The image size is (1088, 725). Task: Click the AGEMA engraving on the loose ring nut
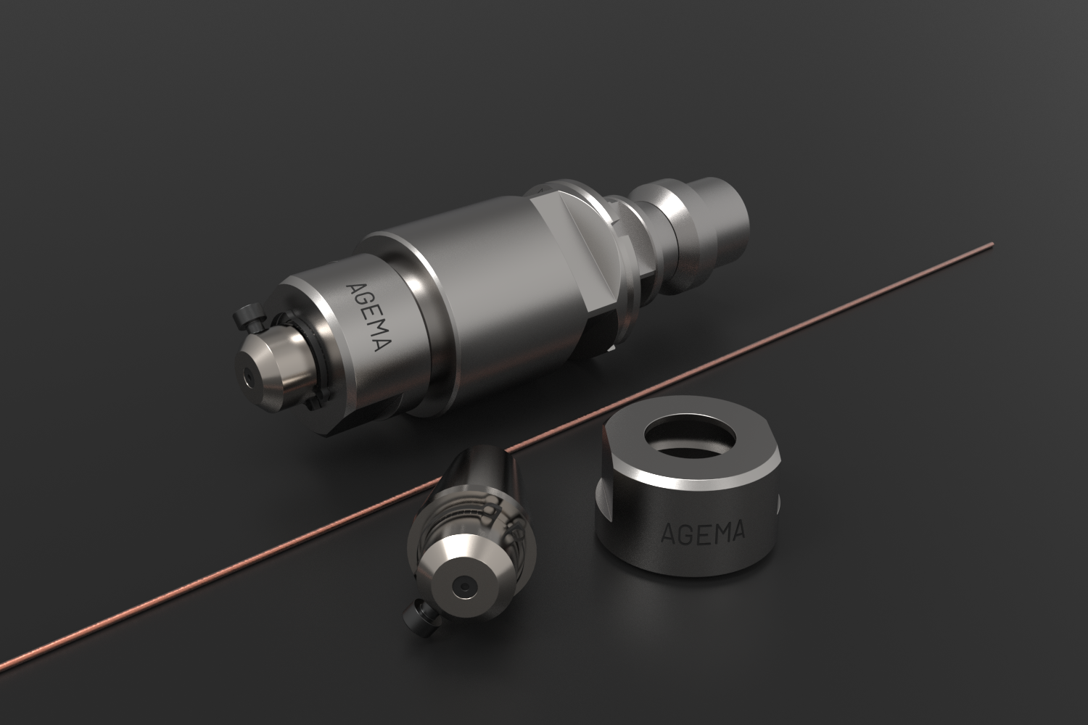(x=703, y=533)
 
